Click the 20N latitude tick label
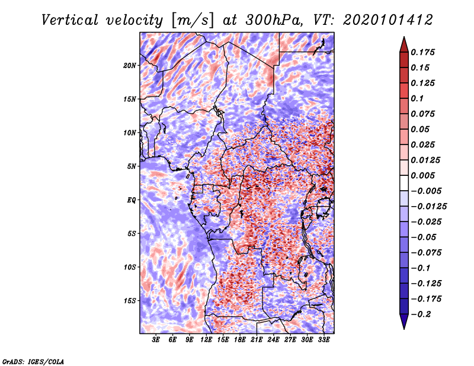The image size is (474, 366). coord(130,66)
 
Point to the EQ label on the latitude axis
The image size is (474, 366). coord(132,200)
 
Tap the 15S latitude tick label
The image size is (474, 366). coord(130,301)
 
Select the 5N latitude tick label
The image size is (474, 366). coord(132,166)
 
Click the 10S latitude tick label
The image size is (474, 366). coord(130,267)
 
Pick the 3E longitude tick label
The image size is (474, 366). coord(156,340)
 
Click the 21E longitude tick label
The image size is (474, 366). coord(257,340)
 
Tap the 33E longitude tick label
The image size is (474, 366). coord(324,340)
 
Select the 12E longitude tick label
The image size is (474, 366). coord(206,340)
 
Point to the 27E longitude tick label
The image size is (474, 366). coord(290,340)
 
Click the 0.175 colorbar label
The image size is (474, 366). coord(422,52)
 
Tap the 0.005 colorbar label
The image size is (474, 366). coord(422,175)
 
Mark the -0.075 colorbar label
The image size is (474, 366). coord(426,253)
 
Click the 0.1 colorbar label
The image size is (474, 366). coord(417,98)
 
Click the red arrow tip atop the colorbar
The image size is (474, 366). coord(404,37)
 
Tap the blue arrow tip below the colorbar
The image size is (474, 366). coord(404,329)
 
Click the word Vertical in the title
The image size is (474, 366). coord(69,20)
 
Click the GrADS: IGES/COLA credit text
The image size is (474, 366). coord(33,361)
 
